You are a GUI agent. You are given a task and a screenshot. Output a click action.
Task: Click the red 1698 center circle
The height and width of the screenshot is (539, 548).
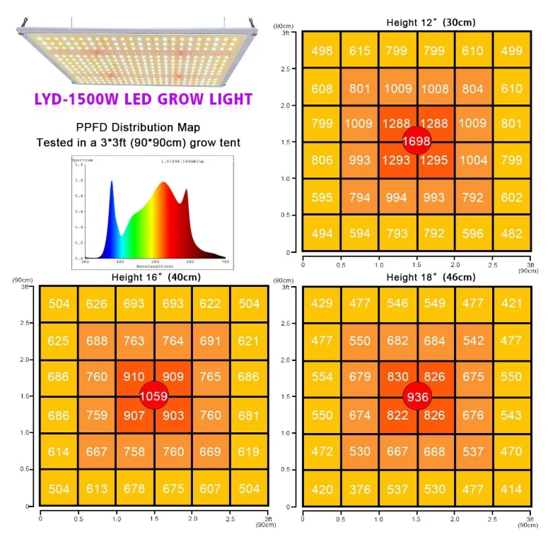416,141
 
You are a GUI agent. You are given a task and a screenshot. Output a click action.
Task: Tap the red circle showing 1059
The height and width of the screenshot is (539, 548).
153,396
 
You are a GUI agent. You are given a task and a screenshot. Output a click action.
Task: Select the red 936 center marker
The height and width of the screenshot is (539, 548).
417,396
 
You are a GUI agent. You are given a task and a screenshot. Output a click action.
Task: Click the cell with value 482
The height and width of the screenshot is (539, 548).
511,234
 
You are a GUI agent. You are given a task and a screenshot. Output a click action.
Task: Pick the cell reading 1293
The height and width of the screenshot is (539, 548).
396,160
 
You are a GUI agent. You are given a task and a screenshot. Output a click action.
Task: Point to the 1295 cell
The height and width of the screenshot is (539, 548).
434,160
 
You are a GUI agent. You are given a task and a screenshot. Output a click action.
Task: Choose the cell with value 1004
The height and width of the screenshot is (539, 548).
473,160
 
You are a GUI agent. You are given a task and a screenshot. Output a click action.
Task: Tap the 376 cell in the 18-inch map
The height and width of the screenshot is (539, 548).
360,489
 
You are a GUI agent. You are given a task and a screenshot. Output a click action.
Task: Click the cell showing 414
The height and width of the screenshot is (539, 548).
511,489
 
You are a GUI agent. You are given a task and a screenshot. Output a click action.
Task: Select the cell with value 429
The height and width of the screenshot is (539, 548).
322,303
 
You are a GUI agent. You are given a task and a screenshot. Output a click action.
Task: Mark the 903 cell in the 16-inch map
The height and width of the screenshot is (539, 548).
173,415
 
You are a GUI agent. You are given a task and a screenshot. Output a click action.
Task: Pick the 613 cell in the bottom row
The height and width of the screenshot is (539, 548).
97,489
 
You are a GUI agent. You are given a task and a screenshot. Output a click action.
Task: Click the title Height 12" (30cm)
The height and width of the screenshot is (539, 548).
430,23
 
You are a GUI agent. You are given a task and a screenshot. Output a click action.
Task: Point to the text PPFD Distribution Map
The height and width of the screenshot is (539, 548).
139,128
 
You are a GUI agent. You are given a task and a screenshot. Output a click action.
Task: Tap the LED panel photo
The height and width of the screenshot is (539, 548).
134,57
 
